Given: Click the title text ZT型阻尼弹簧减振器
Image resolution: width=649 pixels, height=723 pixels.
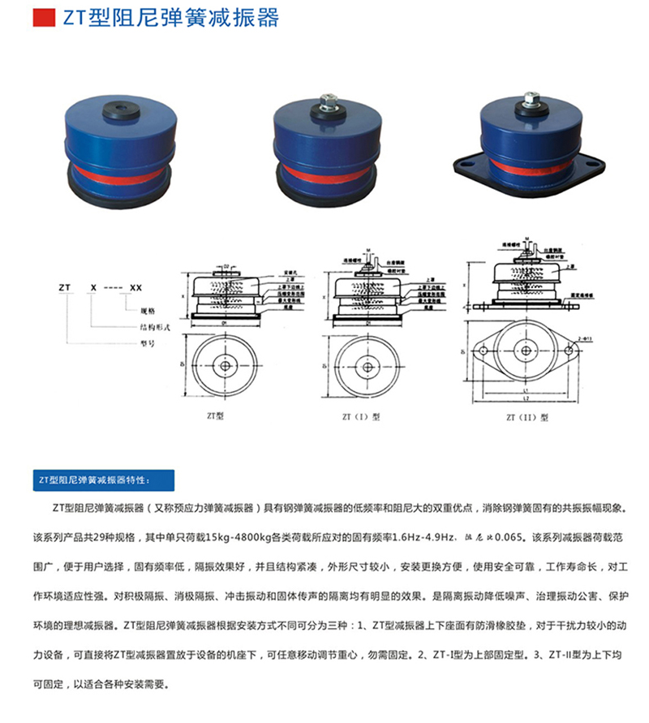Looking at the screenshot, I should point(171,18).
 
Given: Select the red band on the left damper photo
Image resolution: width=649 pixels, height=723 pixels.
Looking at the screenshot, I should point(121,173).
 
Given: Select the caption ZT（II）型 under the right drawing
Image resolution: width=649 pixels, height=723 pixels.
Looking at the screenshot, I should point(528,418).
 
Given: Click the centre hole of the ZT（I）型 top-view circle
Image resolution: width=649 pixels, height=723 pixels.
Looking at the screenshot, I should point(368,367).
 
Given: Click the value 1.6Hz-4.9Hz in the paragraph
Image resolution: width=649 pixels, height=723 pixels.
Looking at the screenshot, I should point(417,537).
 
